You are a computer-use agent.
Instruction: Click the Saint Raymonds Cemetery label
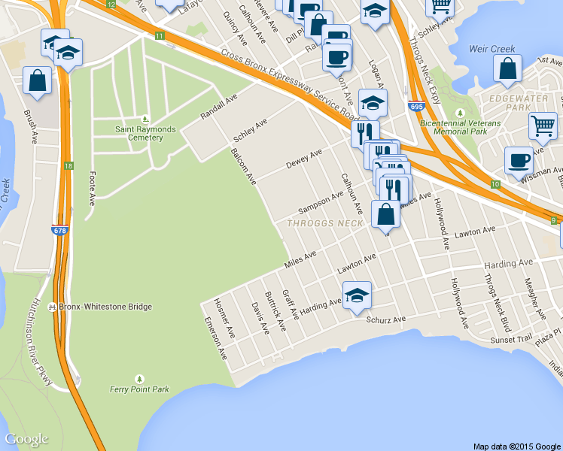(x=145, y=132)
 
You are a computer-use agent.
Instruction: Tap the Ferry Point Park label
(x=140, y=389)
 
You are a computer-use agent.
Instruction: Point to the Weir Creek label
(x=492, y=49)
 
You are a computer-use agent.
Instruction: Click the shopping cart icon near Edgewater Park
(x=543, y=125)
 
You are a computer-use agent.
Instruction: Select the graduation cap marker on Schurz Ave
(x=358, y=295)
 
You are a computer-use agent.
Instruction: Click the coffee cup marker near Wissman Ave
(x=519, y=160)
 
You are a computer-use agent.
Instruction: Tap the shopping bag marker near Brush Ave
(x=37, y=80)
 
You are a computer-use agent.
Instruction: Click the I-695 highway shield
(x=416, y=107)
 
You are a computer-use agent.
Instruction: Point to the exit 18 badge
(x=68, y=165)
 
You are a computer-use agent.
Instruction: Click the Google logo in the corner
(x=26, y=439)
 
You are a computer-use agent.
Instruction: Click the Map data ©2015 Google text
(x=517, y=446)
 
